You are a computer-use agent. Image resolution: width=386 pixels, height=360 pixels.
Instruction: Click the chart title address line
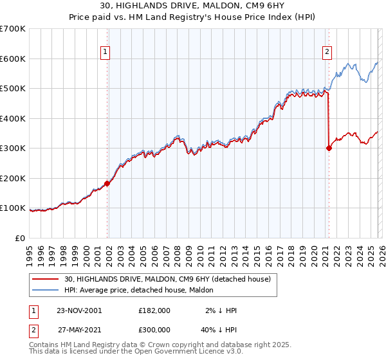192,6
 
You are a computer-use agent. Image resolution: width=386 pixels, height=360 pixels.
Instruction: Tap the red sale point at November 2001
107,183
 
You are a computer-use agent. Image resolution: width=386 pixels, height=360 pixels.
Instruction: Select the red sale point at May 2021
329,148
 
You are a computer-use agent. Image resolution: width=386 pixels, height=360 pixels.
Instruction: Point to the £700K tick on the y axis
13,29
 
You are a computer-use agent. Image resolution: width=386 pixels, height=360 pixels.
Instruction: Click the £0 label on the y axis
21,238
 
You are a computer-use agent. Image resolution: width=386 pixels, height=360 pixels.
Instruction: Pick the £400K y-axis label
13,118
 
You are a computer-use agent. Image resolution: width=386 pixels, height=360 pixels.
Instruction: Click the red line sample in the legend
46,279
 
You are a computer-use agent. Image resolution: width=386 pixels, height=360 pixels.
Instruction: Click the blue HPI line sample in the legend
46,290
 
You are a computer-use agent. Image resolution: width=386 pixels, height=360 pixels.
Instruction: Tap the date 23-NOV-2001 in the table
78,310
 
